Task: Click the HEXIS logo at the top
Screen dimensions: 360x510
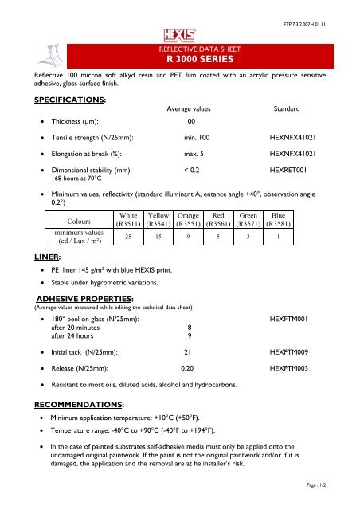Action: [x=179, y=34]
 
